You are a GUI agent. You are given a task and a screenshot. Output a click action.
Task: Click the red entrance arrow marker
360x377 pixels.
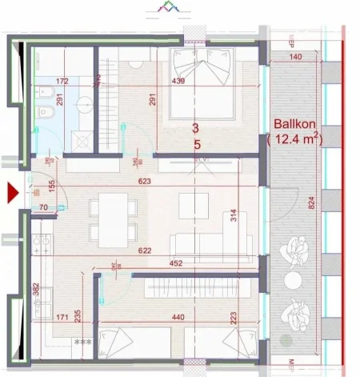12,193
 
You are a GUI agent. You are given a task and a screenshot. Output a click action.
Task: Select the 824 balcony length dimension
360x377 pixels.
311,204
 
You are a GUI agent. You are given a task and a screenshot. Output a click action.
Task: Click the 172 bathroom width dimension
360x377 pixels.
62,82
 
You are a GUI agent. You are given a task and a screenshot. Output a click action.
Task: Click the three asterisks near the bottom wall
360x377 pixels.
82,343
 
